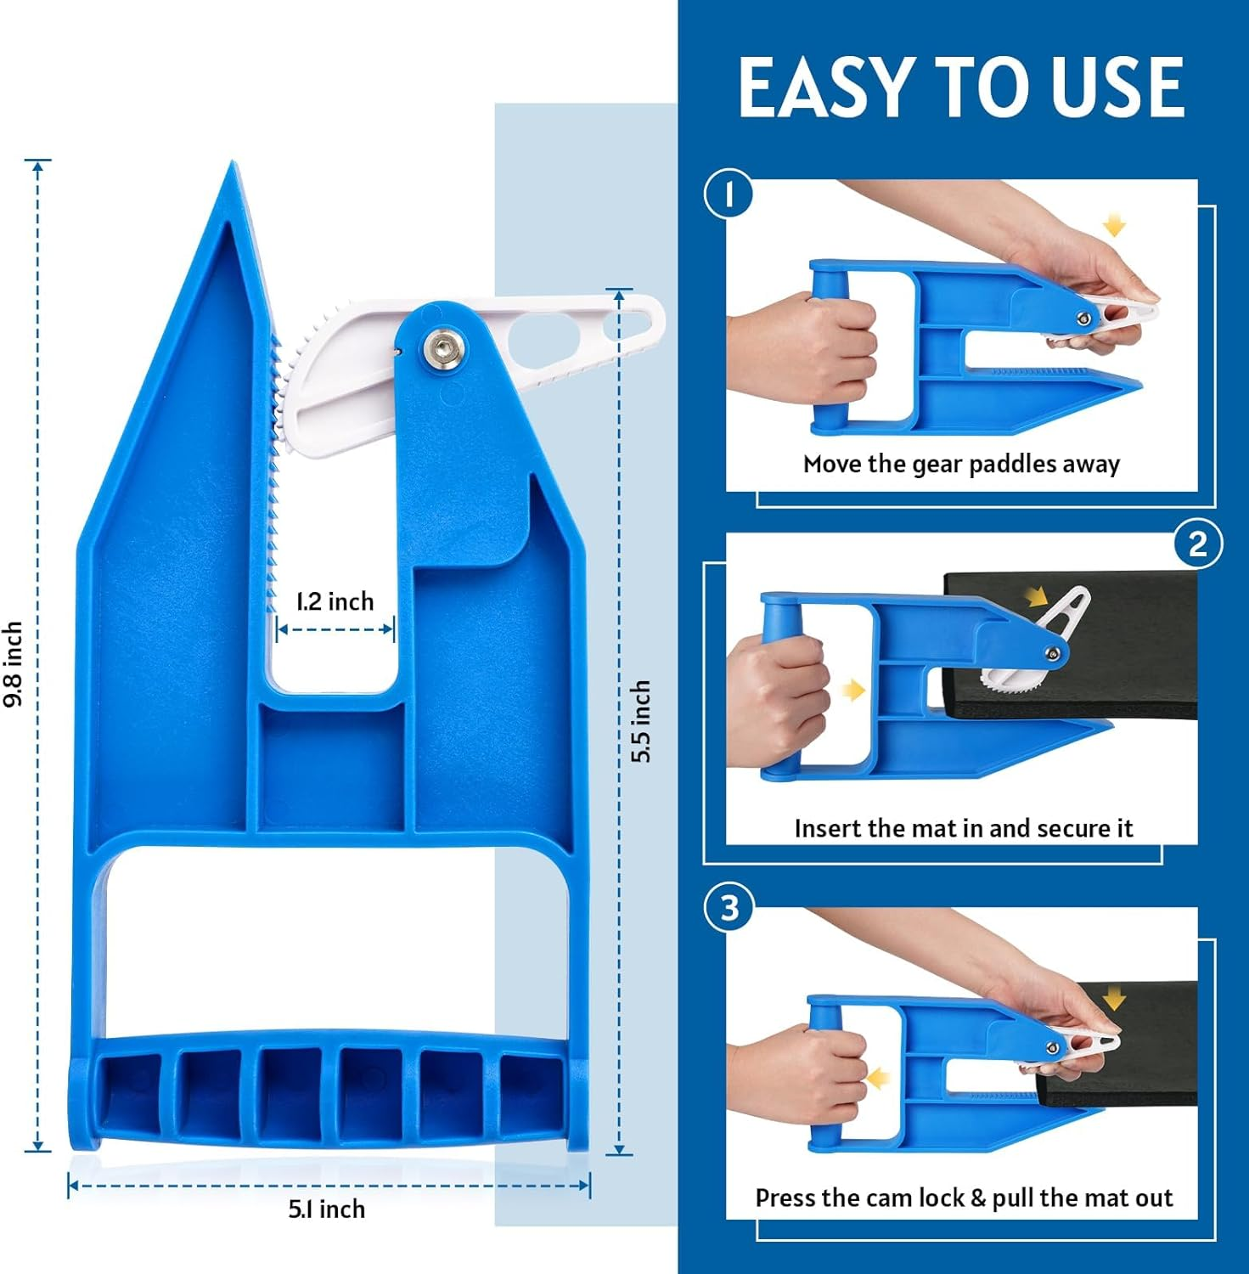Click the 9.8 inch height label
(13, 665)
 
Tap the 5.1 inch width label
(327, 1209)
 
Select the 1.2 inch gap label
(335, 601)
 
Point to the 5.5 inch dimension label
(641, 721)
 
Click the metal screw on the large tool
(442, 347)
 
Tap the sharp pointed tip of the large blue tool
(230, 162)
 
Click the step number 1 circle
(729, 194)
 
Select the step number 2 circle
(1198, 544)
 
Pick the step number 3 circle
(729, 907)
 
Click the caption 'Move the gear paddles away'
(962, 464)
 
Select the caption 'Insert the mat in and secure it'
(964, 828)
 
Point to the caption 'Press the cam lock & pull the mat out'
(964, 1198)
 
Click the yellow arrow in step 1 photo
(1113, 226)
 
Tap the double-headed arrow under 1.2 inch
(335, 629)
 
